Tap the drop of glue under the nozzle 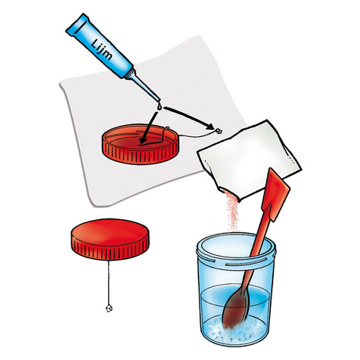(x=160, y=107)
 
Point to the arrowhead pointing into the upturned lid (x=143, y=140)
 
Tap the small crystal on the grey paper (x=218, y=131)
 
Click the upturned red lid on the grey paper (x=141, y=144)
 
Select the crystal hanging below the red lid (x=109, y=308)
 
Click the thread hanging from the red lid (x=109, y=283)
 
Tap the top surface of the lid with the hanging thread (x=110, y=232)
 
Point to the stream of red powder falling (x=232, y=211)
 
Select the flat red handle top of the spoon (x=276, y=195)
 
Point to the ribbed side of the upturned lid (x=139, y=154)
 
